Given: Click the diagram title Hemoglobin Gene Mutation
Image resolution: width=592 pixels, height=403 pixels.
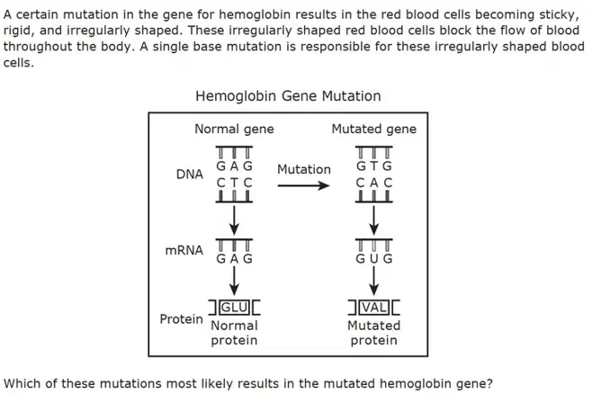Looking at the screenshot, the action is point(288,96).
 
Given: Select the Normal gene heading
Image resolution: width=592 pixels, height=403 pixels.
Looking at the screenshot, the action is point(234,129).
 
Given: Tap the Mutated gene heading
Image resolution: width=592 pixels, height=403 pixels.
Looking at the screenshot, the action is point(373,129).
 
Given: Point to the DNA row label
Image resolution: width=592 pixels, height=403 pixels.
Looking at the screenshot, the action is point(190,175).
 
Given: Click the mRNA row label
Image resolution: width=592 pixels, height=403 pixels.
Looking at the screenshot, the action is point(184,250).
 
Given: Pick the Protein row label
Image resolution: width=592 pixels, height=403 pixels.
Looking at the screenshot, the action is point(181,319).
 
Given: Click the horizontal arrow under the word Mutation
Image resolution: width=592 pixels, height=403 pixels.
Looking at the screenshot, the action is point(303,185).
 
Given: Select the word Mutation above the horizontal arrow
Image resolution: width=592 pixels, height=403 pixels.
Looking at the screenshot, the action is point(304,169).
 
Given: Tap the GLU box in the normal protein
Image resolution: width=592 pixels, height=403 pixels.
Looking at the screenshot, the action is point(234,308).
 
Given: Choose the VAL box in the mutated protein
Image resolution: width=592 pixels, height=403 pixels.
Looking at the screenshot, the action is point(373,308).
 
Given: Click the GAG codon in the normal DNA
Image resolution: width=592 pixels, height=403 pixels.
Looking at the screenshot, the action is point(234,166).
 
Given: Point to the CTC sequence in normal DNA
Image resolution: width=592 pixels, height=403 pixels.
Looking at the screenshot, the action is point(234,183).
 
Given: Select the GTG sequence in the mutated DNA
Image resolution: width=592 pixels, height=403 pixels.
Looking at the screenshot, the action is point(373,166).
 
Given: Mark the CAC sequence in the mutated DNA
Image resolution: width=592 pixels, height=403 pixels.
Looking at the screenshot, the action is point(373,183).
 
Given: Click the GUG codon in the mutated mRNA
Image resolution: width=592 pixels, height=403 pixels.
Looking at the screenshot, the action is point(373,259).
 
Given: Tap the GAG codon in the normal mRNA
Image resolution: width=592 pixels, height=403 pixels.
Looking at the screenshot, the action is point(234,259).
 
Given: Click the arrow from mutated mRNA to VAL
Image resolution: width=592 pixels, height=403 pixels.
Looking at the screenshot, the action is point(373,281).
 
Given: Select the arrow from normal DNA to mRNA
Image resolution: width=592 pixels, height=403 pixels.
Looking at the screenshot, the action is point(234,220).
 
